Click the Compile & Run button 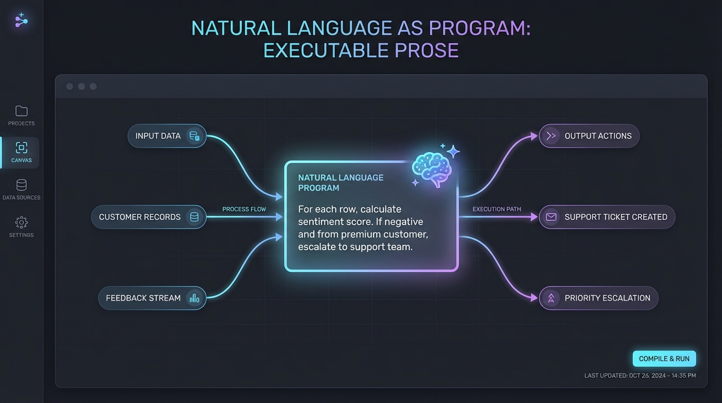[664, 359]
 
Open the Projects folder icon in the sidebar [22, 111]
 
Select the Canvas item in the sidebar [21, 152]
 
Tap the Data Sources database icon [22, 185]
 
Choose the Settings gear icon [22, 222]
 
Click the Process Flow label [244, 209]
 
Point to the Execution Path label [496, 209]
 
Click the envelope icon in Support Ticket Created [551, 217]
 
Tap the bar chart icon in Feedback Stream [194, 298]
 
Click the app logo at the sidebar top [22, 21]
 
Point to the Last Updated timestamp [640, 376]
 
